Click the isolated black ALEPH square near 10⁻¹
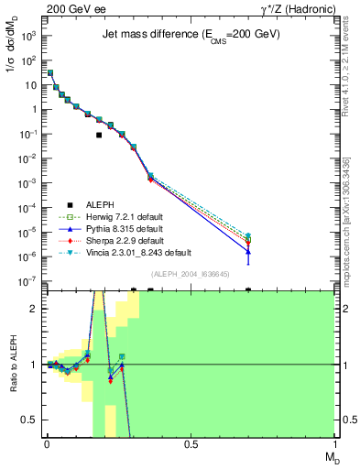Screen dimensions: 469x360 [99, 135]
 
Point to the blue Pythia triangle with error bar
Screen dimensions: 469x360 [248, 250]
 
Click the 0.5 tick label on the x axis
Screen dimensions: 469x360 [191, 443]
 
